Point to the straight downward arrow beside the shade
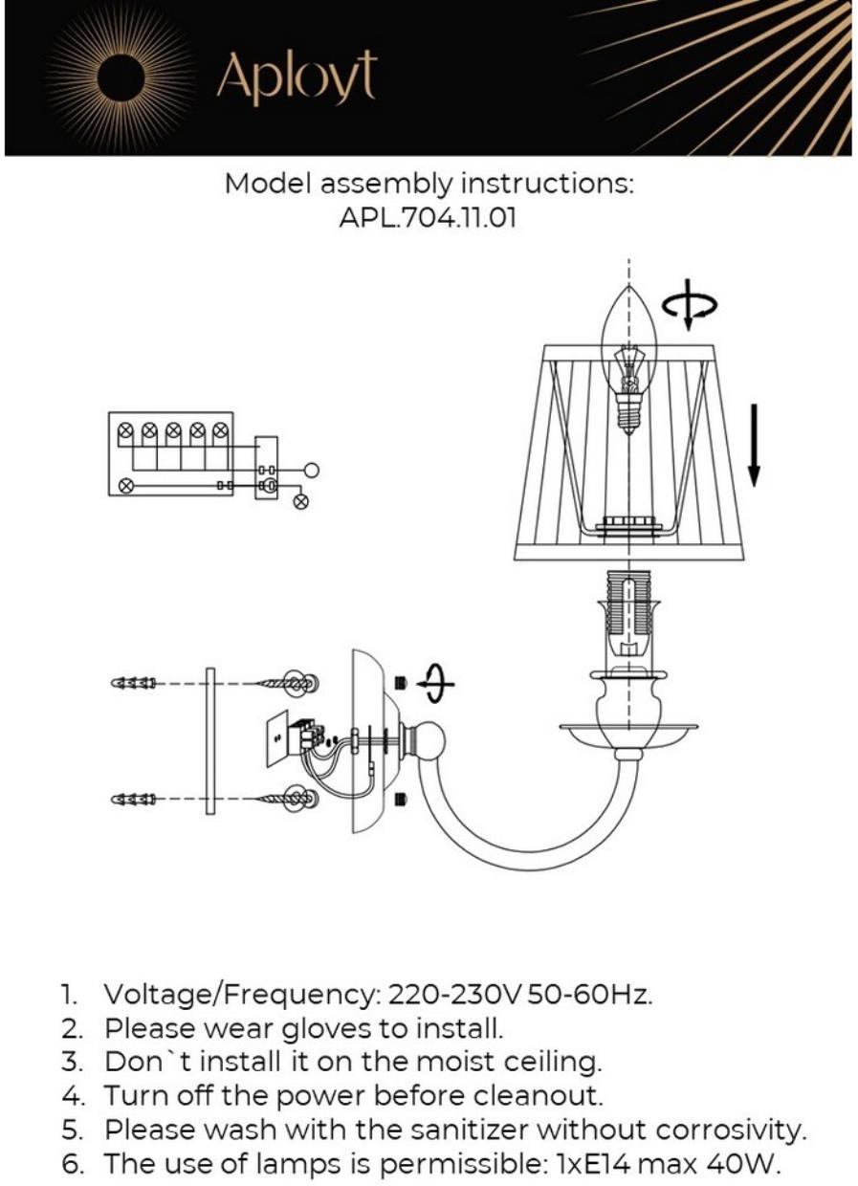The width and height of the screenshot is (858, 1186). pyautogui.click(x=754, y=445)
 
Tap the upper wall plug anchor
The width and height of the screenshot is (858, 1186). pyautogui.click(x=134, y=684)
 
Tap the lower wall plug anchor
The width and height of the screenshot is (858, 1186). pyautogui.click(x=134, y=799)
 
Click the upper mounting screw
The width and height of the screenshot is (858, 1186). pyautogui.click(x=288, y=684)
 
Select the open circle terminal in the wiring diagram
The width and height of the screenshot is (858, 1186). pyautogui.click(x=310, y=470)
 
